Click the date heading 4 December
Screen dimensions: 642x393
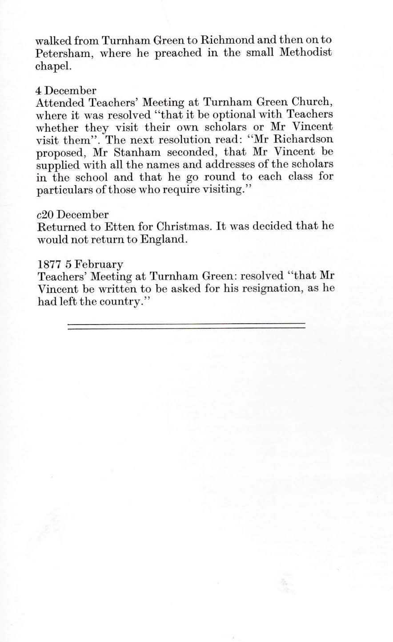point(65,91)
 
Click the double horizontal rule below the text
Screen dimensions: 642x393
point(186,326)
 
